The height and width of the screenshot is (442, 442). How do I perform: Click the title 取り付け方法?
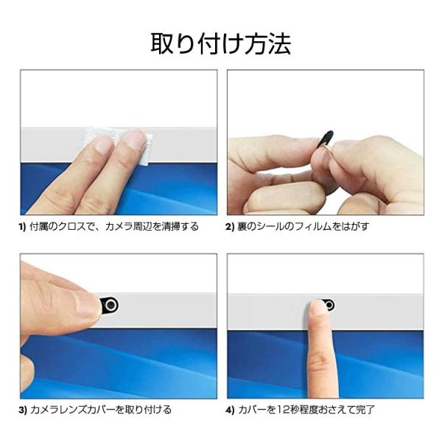coord(221,43)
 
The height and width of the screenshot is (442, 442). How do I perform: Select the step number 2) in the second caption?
coord(231,227)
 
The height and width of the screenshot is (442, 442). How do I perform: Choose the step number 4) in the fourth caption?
coord(231,410)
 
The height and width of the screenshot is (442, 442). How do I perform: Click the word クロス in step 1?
coord(76,227)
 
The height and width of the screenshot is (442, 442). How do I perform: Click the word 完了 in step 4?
coord(371,410)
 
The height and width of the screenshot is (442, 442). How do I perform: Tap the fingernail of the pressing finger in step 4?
coord(317,309)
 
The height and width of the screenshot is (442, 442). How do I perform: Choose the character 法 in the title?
coord(278,43)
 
